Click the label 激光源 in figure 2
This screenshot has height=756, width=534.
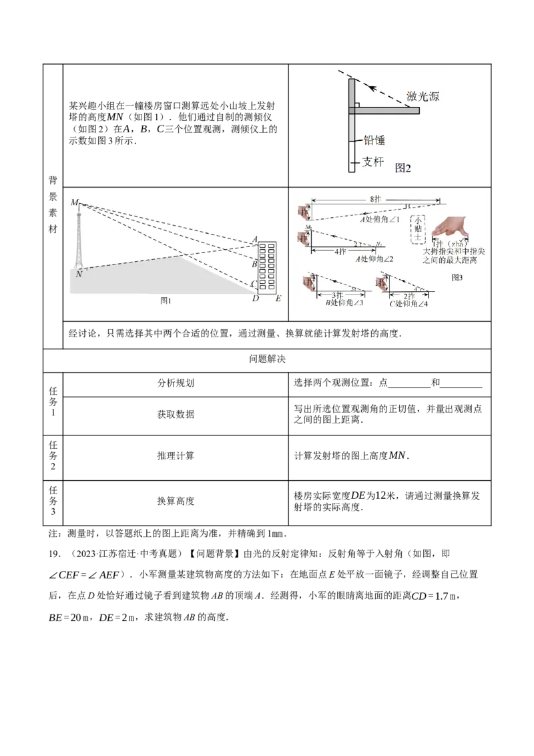[425, 97]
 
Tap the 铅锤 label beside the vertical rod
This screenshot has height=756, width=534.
[374, 141]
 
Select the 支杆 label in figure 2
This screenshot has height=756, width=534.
[372, 162]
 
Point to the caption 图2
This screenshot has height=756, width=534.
[403, 168]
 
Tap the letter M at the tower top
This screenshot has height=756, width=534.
[74, 202]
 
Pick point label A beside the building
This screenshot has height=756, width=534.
[254, 240]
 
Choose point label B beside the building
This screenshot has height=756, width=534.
[254, 264]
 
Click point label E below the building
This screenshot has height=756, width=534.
[278, 299]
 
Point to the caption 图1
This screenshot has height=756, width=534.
[166, 301]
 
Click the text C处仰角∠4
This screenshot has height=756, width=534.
[409, 303]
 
